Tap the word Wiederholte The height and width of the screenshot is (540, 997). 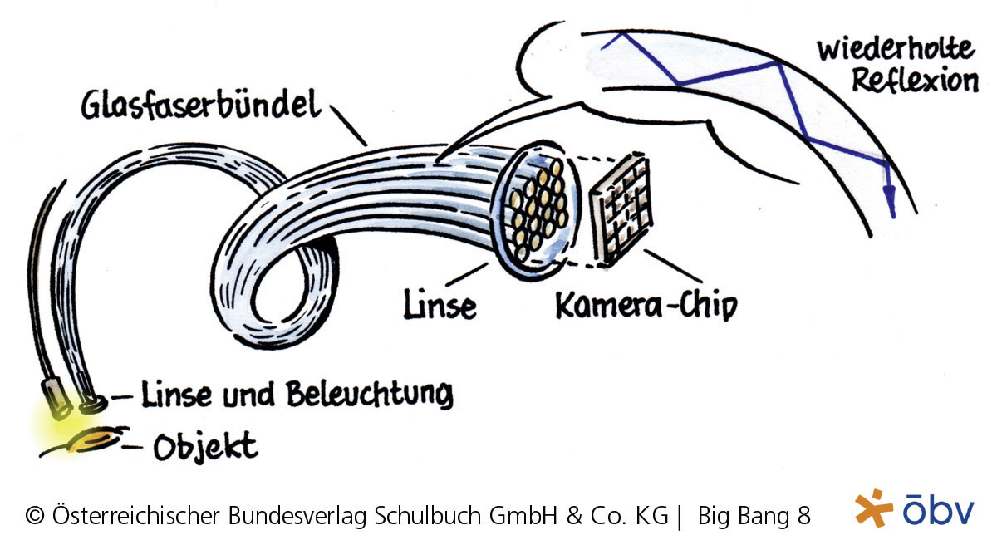click(x=894, y=49)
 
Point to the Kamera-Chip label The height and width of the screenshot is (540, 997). click(x=644, y=306)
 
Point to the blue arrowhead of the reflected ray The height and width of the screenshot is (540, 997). click(x=889, y=199)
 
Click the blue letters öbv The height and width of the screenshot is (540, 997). click(x=938, y=510)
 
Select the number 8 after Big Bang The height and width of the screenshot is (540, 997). click(x=803, y=516)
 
